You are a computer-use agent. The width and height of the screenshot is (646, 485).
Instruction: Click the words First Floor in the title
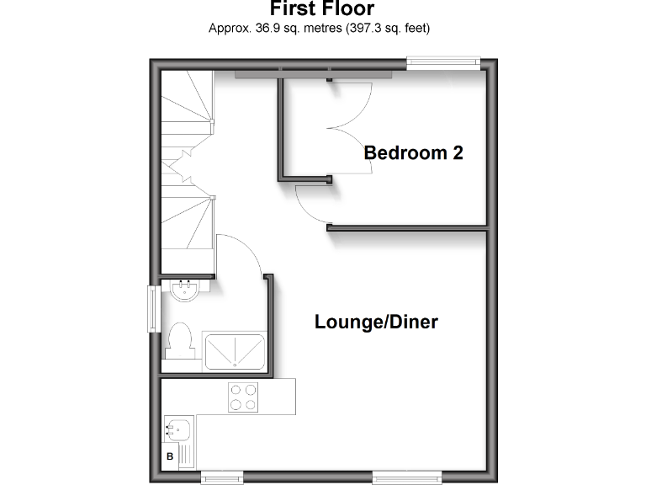point(322,9)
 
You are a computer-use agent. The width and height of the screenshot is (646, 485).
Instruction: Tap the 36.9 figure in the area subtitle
point(256,29)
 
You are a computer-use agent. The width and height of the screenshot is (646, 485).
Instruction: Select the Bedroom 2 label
point(413,153)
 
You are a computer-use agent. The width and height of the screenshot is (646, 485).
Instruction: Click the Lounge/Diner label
point(376,322)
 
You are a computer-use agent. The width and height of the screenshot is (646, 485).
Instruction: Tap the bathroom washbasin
point(183,290)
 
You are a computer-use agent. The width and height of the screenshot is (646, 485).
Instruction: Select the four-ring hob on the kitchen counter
point(242,397)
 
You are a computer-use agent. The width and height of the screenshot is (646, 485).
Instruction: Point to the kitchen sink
point(177,430)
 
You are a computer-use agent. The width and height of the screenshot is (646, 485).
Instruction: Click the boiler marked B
point(170,457)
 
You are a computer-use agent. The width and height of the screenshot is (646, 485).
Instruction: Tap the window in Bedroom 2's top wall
point(443,61)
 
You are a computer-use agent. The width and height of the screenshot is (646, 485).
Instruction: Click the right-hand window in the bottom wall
point(406,478)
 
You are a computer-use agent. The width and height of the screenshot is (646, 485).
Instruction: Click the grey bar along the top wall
point(313,74)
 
